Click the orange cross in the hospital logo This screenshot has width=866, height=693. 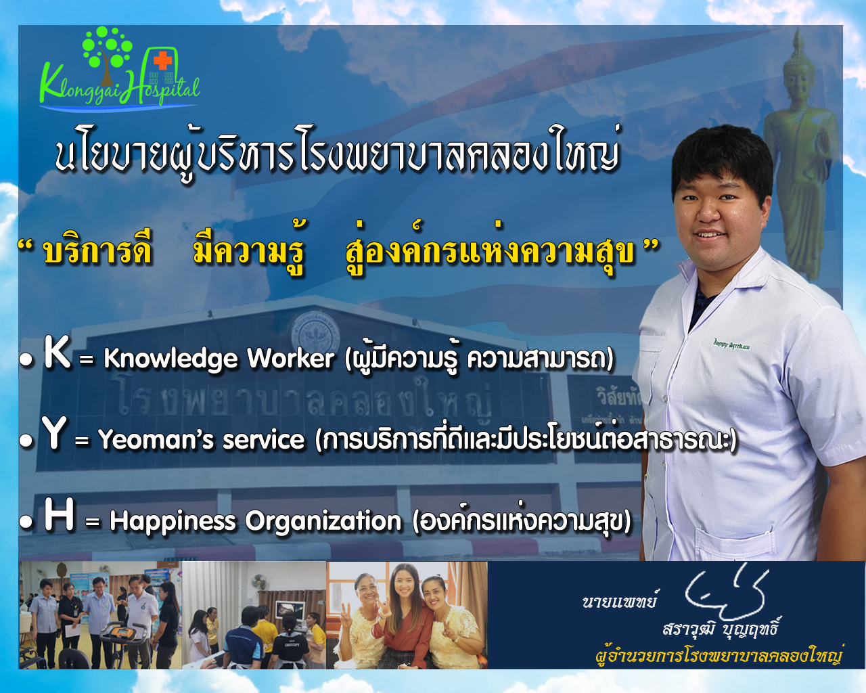(x=162, y=61)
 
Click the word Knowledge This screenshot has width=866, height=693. (x=170, y=358)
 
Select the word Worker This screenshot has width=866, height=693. (x=291, y=357)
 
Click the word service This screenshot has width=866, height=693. (x=264, y=439)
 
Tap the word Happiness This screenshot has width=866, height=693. (x=173, y=522)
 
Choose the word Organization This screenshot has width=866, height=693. (x=323, y=522)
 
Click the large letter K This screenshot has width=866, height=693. (x=58, y=351)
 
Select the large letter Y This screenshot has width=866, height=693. (x=54, y=433)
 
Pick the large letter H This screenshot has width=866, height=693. (x=59, y=514)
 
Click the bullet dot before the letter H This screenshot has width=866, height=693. (x=26, y=522)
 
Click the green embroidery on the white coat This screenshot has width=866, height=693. (x=731, y=344)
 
